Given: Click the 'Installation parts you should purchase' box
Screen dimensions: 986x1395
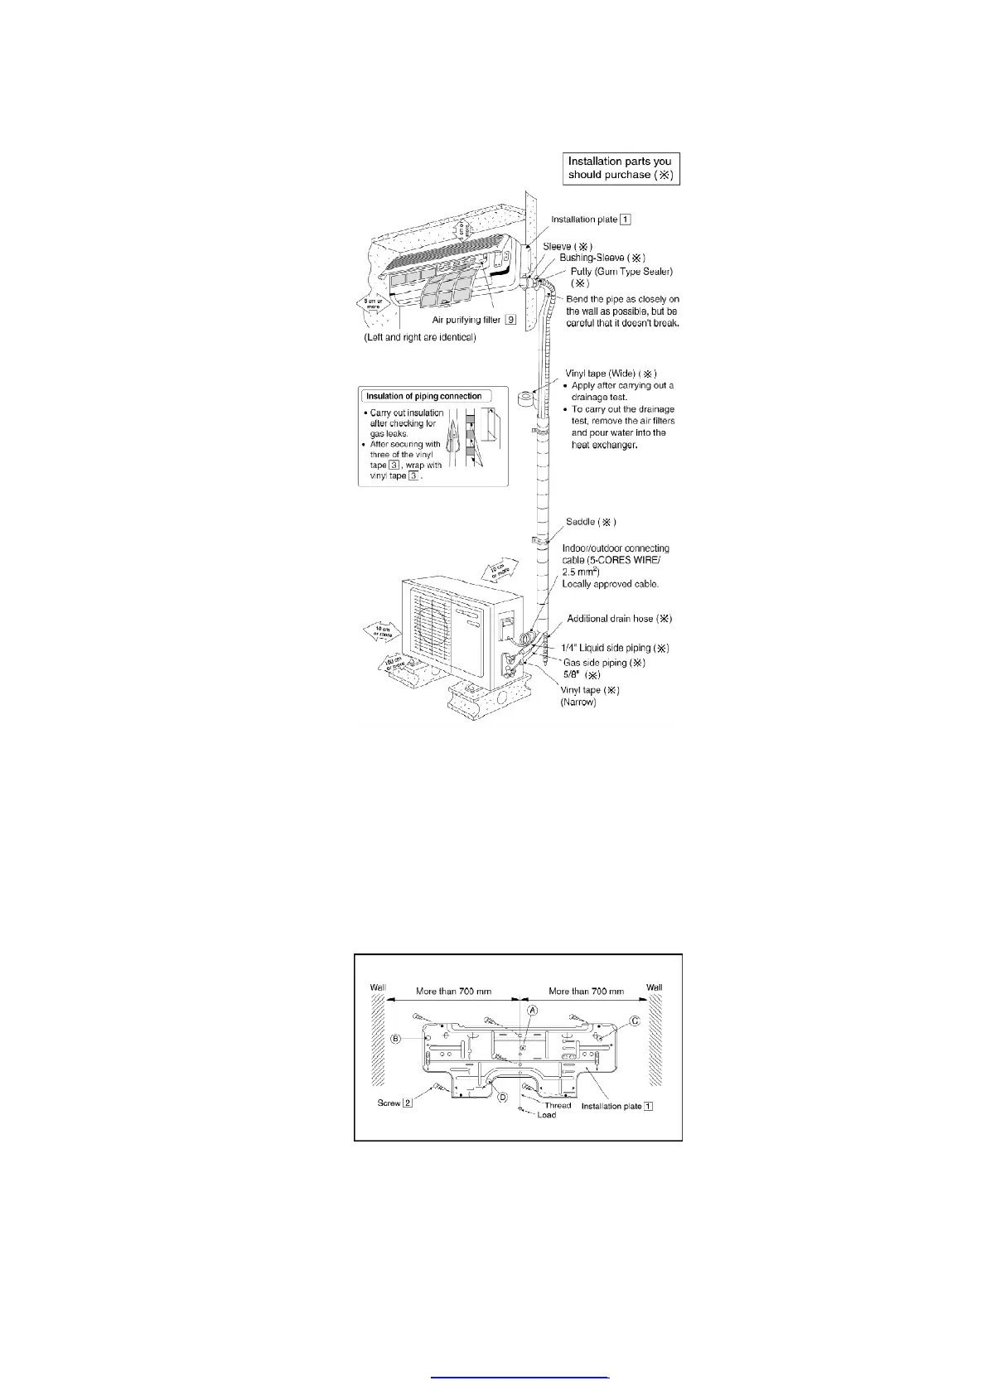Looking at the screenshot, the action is click(x=621, y=168).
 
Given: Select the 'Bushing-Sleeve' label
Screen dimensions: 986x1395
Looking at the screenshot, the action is click(x=602, y=258).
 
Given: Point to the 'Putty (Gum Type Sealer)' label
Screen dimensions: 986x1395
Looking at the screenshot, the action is click(x=621, y=272).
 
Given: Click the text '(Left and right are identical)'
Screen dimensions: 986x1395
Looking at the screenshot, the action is click(x=420, y=338).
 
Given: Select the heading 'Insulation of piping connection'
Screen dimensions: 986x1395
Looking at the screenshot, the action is click(x=424, y=396).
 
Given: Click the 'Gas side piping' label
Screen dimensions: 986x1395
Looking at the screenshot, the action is click(x=604, y=663).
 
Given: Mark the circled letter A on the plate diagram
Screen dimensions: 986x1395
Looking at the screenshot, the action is click(x=534, y=1011).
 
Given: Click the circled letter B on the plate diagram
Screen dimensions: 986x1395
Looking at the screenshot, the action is click(x=396, y=1039).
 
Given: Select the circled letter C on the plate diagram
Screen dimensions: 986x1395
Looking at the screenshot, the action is click(x=635, y=1021).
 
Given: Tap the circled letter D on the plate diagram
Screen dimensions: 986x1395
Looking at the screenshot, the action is click(x=502, y=1098).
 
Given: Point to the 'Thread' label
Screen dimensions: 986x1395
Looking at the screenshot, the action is click(x=558, y=1105).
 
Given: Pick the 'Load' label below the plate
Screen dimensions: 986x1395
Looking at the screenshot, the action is click(x=546, y=1115).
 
